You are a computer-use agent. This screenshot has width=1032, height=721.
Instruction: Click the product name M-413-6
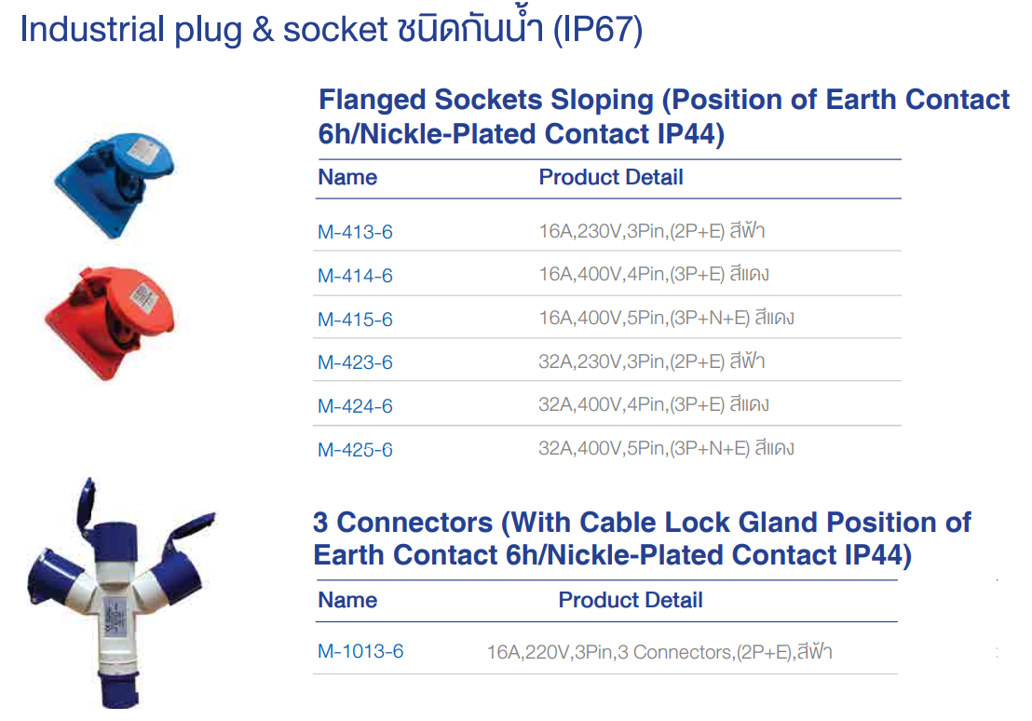tap(355, 232)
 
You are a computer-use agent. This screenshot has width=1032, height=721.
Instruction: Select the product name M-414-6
tap(355, 276)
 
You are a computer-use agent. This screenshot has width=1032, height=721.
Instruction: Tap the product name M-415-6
tap(355, 320)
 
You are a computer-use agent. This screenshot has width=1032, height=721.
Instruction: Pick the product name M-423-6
tap(355, 362)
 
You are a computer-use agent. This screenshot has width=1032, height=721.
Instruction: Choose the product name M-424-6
tap(355, 406)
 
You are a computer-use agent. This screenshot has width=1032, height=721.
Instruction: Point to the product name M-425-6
tap(355, 450)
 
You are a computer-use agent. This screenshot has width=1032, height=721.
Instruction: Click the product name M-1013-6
tap(360, 651)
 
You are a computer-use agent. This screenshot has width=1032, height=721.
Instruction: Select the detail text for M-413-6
tap(651, 231)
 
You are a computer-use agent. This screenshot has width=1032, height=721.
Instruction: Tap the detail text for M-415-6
tap(666, 319)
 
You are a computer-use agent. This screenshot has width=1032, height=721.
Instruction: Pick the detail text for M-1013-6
tap(659, 651)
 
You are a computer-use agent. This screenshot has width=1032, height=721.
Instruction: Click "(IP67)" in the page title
tap(597, 30)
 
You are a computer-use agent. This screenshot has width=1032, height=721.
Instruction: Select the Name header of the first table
tap(347, 177)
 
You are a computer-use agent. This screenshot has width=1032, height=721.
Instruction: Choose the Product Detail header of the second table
tap(630, 600)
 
